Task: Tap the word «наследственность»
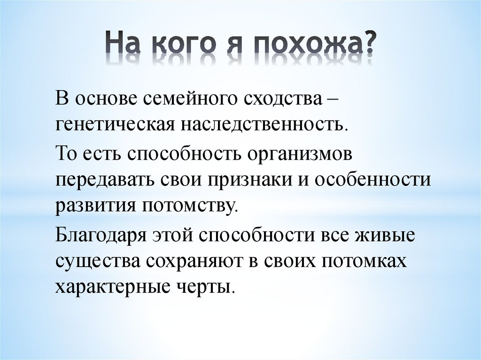pyautogui.click(x=264, y=124)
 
